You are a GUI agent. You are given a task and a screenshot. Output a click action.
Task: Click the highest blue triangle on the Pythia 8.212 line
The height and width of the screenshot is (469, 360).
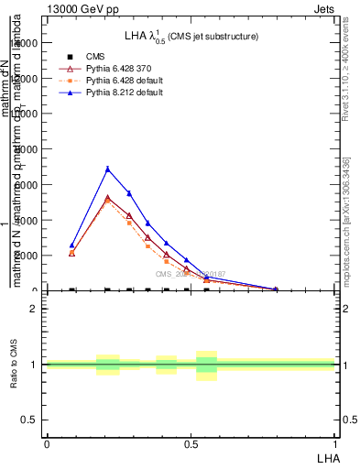click(108, 169)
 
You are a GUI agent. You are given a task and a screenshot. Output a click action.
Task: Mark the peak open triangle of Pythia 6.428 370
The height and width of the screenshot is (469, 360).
click(108, 199)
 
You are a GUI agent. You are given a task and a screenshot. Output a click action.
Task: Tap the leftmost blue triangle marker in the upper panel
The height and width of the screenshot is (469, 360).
click(72, 245)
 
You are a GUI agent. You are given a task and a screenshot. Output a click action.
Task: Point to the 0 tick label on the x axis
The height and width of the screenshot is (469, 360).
click(47, 444)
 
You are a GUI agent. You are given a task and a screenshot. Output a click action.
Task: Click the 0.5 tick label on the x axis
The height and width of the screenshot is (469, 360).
click(191, 444)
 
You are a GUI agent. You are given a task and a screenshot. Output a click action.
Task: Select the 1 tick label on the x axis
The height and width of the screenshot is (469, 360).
click(335, 444)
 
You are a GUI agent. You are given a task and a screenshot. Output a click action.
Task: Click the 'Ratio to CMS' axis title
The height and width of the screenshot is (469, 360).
click(14, 365)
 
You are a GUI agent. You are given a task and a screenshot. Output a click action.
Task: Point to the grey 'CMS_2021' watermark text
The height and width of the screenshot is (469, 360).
click(191, 273)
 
